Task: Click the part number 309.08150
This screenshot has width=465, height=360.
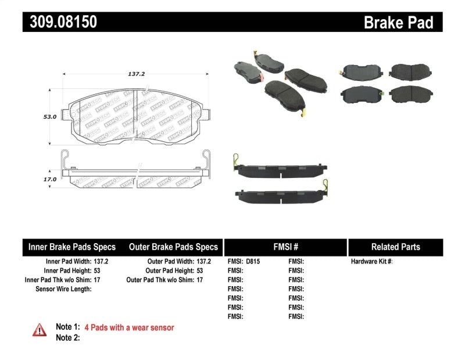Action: pyautogui.click(x=60, y=22)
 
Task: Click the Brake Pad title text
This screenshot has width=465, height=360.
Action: pyautogui.click(x=398, y=23)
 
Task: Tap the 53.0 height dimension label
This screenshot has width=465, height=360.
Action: pyautogui.click(x=49, y=117)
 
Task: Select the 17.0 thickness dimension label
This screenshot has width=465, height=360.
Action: pyautogui.click(x=49, y=179)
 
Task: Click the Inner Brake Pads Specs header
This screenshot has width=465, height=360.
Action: pyautogui.click(x=72, y=247)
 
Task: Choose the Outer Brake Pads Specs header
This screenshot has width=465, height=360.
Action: pyautogui.click(x=173, y=247)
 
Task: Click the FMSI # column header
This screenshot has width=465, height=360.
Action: pyautogui.click(x=285, y=247)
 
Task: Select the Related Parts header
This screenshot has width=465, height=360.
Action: pyautogui.click(x=395, y=247)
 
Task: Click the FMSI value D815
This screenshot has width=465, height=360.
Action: pyautogui.click(x=253, y=262)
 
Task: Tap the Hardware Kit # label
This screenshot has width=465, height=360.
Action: pyautogui.click(x=371, y=262)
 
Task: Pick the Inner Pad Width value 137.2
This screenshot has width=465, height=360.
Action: pyautogui.click(x=101, y=262)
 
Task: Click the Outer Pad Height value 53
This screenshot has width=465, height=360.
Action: pyautogui.click(x=201, y=270)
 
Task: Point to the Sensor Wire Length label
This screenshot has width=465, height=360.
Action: pyautogui.click(x=63, y=288)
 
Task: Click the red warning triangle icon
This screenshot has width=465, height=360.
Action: pyautogui.click(x=39, y=330)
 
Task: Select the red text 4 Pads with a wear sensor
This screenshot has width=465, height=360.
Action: pyautogui.click(x=129, y=327)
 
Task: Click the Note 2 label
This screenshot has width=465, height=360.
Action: pyautogui.click(x=67, y=337)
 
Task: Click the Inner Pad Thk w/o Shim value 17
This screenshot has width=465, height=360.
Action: pyautogui.click(x=97, y=280)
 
